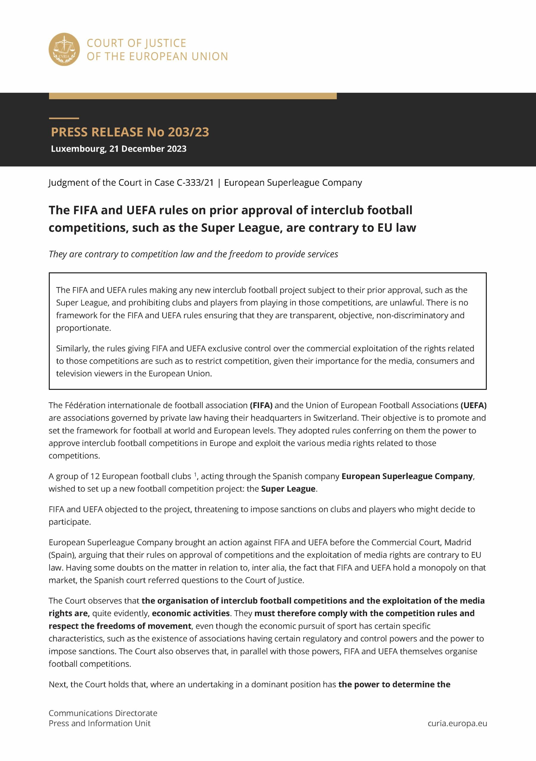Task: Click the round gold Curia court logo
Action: (64, 49)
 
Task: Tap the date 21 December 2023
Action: (148, 149)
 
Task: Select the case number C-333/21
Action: (196, 183)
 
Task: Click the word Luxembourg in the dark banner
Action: (78, 149)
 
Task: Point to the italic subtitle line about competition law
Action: (193, 254)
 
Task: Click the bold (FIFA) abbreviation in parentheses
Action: (261, 405)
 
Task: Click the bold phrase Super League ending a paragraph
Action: (288, 489)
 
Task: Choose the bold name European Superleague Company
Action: (407, 476)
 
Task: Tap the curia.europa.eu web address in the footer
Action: (457, 723)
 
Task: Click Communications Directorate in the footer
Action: (103, 713)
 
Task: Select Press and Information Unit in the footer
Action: (99, 723)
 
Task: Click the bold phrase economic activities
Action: (190, 613)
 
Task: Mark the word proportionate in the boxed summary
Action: (83, 328)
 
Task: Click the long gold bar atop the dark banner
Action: (193, 96)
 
